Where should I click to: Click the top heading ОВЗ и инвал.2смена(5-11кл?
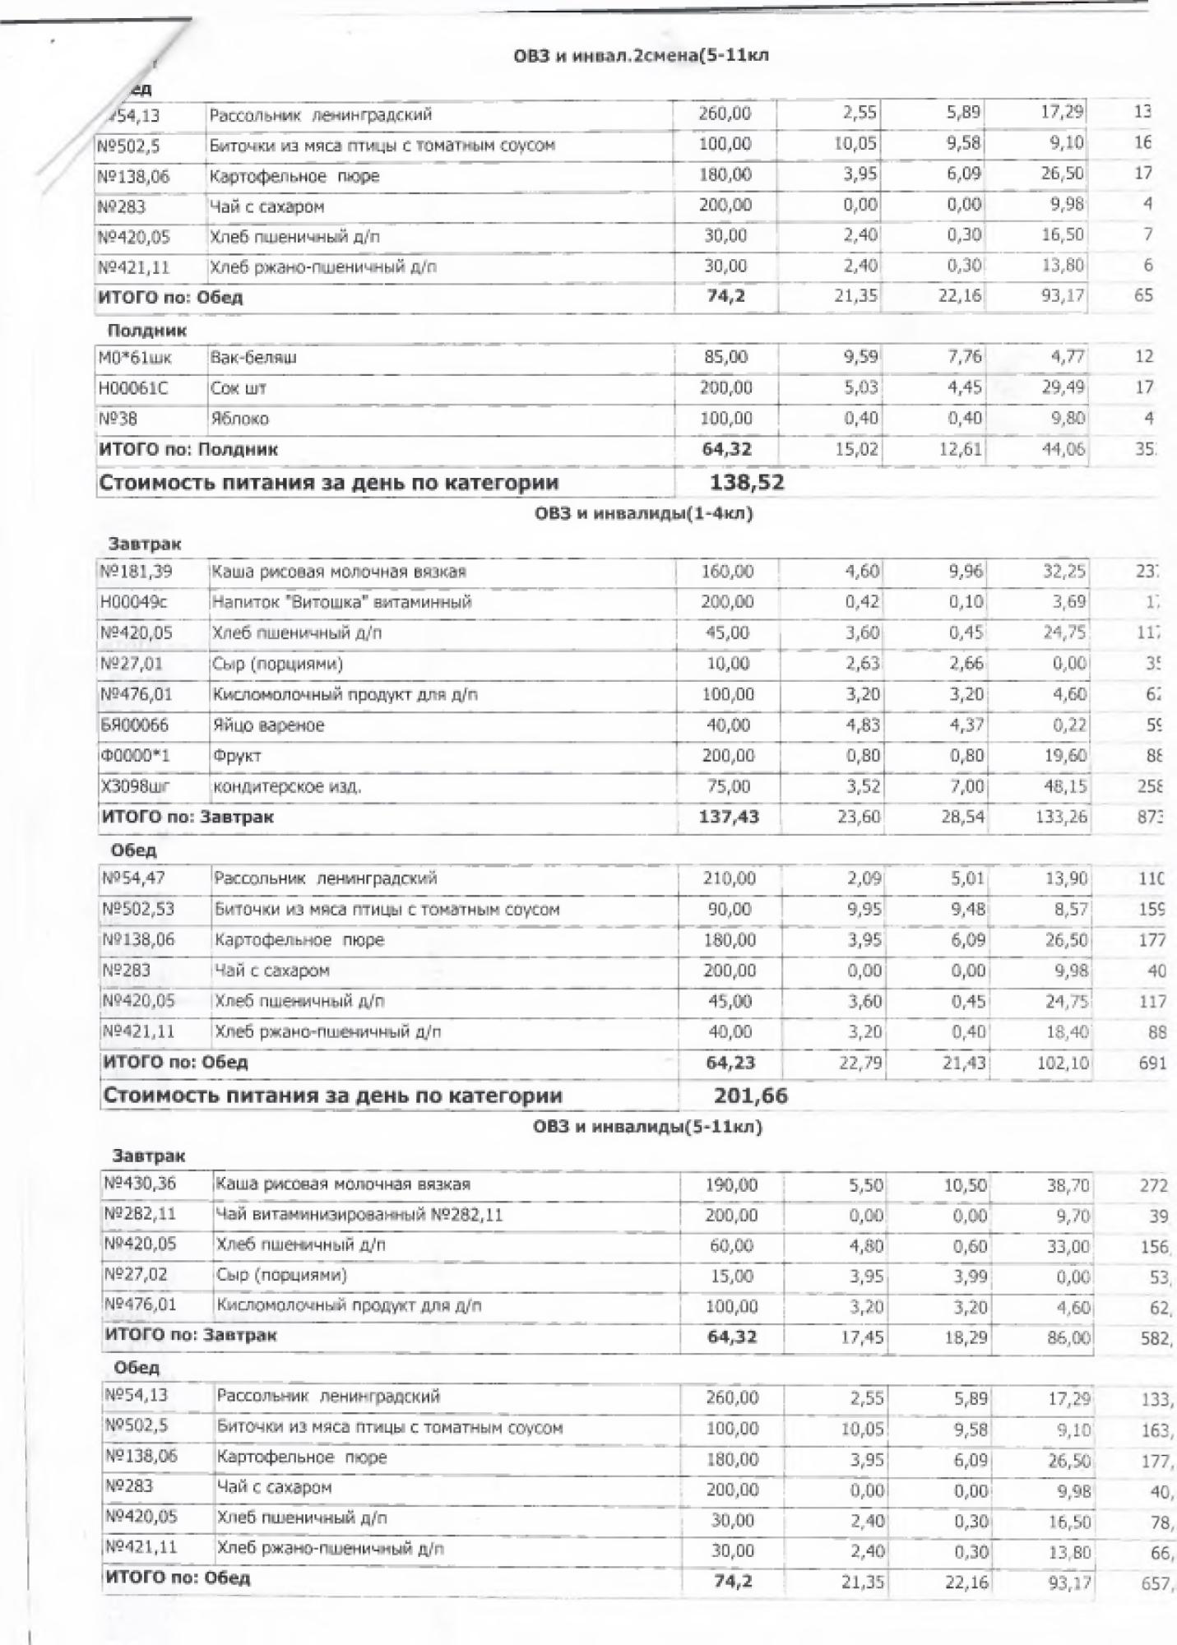point(640,56)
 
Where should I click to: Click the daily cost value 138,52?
point(747,483)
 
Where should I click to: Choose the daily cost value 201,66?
point(751,1096)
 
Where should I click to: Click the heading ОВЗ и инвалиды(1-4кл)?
point(643,514)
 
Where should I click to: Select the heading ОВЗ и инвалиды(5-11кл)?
point(647,1126)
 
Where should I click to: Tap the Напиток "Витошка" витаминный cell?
point(342,602)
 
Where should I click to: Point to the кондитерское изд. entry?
point(287,787)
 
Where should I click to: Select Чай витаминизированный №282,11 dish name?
point(359,1215)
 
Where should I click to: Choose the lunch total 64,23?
point(730,1062)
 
